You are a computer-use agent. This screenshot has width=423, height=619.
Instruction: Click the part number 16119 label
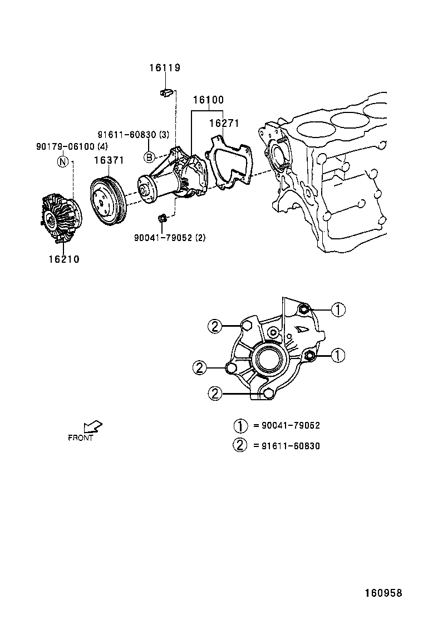tap(164, 68)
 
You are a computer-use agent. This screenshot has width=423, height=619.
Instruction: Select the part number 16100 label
tap(208, 100)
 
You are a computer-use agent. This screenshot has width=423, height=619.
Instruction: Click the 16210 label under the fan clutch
tap(63, 259)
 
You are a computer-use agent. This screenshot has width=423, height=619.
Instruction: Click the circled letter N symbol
tap(63, 162)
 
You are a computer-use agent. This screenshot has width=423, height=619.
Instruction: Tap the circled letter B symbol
tap(149, 157)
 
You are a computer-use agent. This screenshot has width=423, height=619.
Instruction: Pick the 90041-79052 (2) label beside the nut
tap(170, 237)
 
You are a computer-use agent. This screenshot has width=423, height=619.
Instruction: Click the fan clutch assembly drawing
tap(61, 218)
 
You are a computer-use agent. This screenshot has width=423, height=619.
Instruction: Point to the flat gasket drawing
tap(228, 161)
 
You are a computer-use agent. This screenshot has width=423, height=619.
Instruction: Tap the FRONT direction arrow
tap(92, 427)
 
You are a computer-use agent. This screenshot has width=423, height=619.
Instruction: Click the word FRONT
tap(80, 438)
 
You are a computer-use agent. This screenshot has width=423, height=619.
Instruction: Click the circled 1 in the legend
tap(240, 426)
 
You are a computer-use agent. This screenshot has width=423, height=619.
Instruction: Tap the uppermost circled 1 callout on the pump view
tap(337, 309)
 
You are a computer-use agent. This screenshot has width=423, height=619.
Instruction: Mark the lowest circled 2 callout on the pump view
tap(215, 393)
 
